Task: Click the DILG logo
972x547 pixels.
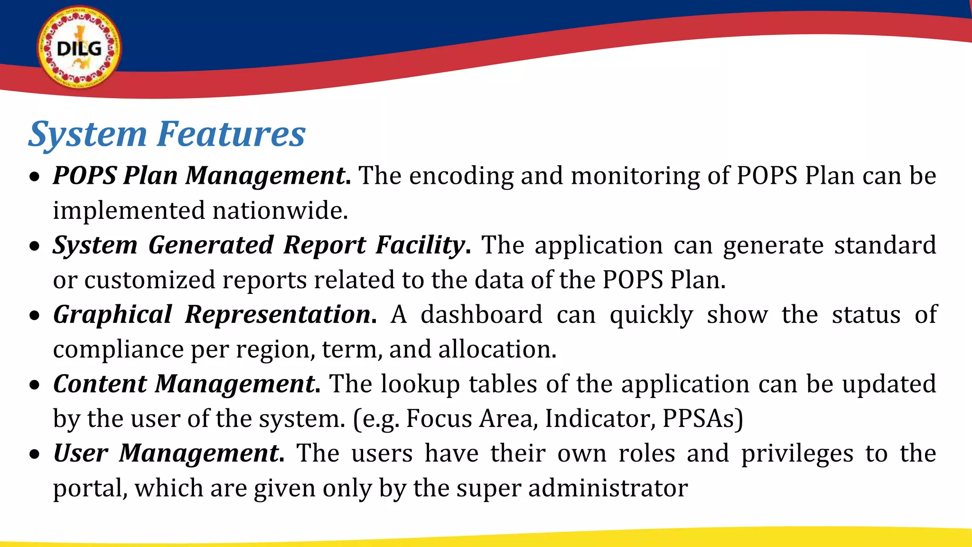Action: pyautogui.click(x=79, y=48)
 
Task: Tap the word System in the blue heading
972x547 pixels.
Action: pyautogui.click(x=88, y=134)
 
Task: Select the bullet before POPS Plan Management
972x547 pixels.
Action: pyautogui.click(x=35, y=177)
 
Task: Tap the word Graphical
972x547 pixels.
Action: pyautogui.click(x=112, y=315)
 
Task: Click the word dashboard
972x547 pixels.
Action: pyautogui.click(x=481, y=315)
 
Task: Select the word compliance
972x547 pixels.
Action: pyautogui.click(x=118, y=350)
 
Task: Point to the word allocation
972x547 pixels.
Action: pyautogui.click(x=496, y=349)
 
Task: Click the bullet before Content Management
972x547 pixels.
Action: pyautogui.click(x=35, y=385)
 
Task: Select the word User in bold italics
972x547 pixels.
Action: pyautogui.click(x=81, y=453)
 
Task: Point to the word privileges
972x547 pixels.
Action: pyautogui.click(x=797, y=453)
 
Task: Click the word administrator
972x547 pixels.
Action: pyautogui.click(x=607, y=488)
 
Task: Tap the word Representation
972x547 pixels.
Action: pyautogui.click(x=278, y=315)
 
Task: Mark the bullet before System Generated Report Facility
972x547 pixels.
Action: pyautogui.click(x=35, y=246)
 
